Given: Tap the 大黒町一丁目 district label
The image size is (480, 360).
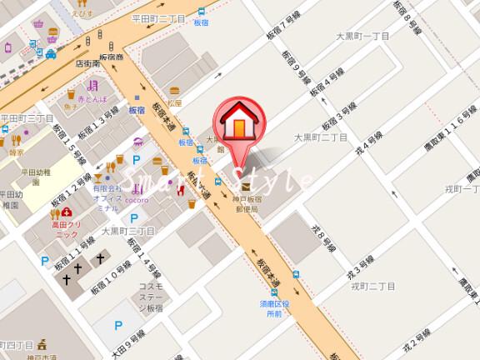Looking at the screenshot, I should pyautogui.click(x=362, y=36).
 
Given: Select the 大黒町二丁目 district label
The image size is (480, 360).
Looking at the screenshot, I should pyautogui.click(x=321, y=136).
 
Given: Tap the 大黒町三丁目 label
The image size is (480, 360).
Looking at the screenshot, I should pyautogui.click(x=128, y=230).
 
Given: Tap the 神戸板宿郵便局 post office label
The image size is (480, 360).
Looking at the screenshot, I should pyautogui.click(x=249, y=205).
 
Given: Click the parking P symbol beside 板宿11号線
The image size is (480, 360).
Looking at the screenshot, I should pyautogui.click(x=45, y=261).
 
